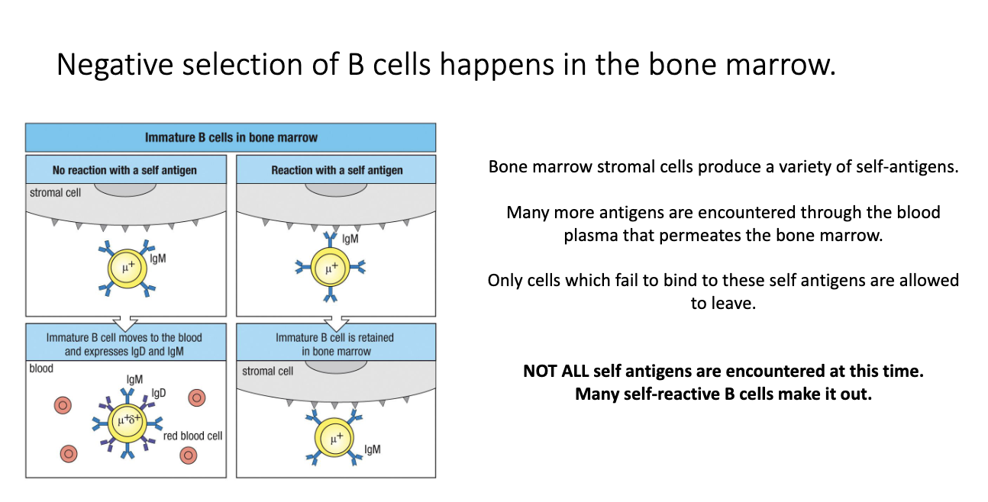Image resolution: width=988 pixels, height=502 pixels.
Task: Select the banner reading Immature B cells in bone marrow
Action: point(231,138)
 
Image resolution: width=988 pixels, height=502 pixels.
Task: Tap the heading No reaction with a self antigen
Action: point(124,170)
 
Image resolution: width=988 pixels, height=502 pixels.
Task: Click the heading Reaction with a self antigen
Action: point(337,170)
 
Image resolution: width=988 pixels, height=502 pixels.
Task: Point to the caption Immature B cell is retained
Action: point(335,337)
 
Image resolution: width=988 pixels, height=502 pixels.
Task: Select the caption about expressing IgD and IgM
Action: point(125,352)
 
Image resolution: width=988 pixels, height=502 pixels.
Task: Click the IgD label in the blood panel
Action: point(159,393)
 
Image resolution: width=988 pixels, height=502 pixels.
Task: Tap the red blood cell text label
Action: point(192,436)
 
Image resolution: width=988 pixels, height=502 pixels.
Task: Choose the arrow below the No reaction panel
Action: point(124,320)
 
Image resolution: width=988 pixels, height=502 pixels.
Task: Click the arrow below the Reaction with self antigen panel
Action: point(335,320)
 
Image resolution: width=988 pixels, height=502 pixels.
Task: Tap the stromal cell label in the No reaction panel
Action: point(56,192)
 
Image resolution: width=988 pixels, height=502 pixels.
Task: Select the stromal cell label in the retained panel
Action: point(267,371)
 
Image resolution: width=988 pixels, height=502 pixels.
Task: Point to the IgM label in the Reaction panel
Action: point(350,238)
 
